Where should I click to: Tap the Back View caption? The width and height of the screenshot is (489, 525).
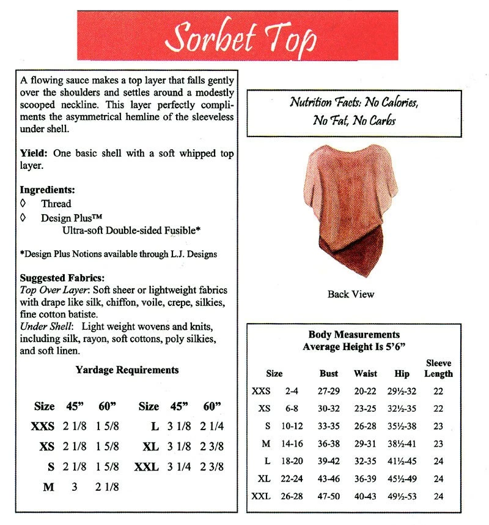[x=350, y=294]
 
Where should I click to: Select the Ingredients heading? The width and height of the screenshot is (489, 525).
[x=47, y=190]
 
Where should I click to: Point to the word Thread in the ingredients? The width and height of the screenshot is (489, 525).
[x=56, y=204]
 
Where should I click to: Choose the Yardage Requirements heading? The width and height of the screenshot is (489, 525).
[x=127, y=370]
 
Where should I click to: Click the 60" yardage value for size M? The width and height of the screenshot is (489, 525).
[x=108, y=487]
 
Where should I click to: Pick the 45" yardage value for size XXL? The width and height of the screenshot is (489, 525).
[x=177, y=466]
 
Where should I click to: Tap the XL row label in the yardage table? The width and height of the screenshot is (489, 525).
[x=150, y=447]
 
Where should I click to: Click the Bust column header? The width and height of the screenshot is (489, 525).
[x=329, y=373]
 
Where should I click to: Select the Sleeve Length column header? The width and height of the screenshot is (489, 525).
[x=438, y=368]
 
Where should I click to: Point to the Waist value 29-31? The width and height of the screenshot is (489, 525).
[x=366, y=444]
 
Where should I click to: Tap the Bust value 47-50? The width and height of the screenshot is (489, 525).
[x=329, y=496]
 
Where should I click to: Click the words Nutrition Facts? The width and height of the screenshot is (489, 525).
[x=318, y=102]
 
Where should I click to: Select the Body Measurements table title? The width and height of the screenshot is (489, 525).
[x=354, y=335]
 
